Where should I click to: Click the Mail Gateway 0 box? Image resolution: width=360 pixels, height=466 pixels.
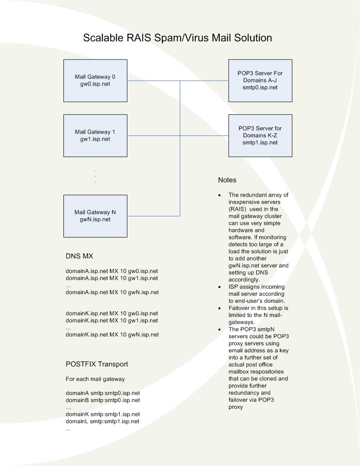click(95, 81)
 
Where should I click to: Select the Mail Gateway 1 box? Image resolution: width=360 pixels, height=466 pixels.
click(95, 135)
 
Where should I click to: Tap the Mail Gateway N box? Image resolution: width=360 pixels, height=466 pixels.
click(95, 216)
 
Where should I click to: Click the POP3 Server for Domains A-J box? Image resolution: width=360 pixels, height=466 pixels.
click(260, 80)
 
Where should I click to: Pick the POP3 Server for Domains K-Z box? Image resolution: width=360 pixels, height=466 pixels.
click(260, 135)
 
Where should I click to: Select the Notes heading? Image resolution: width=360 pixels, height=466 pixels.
click(227, 180)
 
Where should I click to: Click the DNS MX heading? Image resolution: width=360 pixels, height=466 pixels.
click(79, 256)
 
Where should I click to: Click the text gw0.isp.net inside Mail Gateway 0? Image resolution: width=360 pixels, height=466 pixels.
click(95, 84)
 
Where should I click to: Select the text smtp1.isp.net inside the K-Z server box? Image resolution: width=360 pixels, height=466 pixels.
click(260, 142)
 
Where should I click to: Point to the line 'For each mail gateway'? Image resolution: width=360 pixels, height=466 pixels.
click(95, 379)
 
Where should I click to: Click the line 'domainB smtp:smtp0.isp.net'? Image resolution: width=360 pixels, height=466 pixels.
click(103, 400)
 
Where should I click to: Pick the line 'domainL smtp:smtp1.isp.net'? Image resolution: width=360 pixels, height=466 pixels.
click(103, 421)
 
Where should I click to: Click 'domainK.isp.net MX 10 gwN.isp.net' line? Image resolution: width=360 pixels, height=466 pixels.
click(112, 335)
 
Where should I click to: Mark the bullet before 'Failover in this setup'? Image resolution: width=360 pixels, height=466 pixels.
click(220, 308)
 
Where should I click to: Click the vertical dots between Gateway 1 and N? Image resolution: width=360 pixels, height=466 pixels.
click(95, 176)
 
